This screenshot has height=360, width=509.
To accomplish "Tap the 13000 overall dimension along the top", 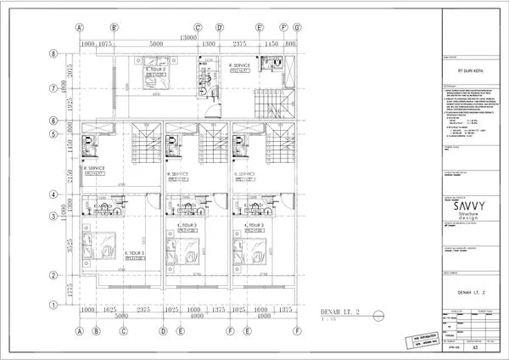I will [x=188, y=37].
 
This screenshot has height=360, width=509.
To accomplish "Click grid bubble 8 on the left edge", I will [x=53, y=53].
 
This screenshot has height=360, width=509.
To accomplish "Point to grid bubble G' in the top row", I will [x=297, y=26].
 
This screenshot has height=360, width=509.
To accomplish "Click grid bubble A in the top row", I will [x=79, y=26].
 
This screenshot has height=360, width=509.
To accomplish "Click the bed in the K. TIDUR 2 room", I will [x=155, y=84].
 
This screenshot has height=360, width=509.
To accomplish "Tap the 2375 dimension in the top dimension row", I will [x=240, y=45].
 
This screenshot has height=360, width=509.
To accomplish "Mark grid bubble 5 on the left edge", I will [x=53, y=133].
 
